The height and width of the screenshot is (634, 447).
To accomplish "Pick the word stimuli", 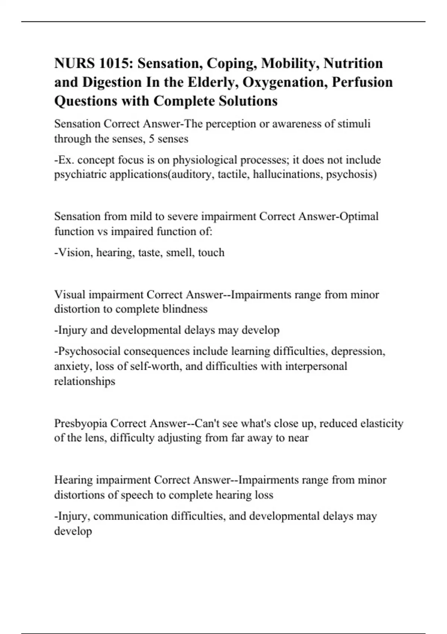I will click(x=354, y=124).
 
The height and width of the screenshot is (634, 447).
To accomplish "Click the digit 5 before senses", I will click(x=152, y=139).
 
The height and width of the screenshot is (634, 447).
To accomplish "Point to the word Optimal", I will click(x=360, y=216).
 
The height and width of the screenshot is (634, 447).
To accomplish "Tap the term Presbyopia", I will click(x=81, y=423).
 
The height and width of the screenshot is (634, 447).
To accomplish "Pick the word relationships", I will click(x=85, y=382).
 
